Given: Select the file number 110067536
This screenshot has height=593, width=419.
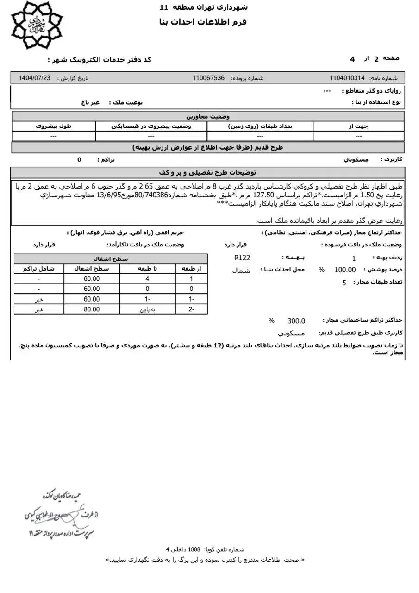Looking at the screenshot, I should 208,78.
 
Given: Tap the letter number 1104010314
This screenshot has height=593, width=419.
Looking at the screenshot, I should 347,78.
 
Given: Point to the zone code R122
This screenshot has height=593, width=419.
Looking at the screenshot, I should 242,258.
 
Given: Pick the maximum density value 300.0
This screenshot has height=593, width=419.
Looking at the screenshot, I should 296,321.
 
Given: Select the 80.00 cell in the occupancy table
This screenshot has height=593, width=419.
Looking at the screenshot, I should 92,309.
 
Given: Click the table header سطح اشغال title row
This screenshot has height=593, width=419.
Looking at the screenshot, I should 111,259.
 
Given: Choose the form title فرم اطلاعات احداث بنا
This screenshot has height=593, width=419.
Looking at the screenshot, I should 202,22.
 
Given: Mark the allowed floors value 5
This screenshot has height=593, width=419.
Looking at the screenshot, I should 344,283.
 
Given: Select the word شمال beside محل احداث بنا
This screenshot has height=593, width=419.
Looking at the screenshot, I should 241,271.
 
